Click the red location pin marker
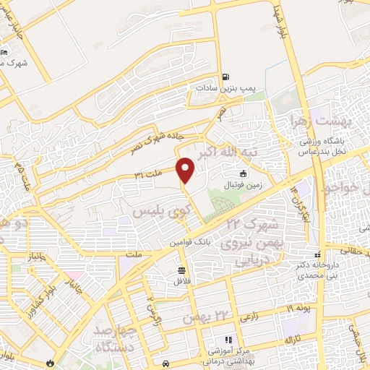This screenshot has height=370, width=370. pyautogui.click(x=186, y=171)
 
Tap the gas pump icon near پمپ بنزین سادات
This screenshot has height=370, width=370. pyautogui.click(x=226, y=76)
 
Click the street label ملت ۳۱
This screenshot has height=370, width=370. pyautogui.click(x=147, y=174)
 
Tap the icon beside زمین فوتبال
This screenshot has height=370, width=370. pyautogui.click(x=244, y=173)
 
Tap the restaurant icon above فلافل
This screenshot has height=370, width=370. pyautogui.click(x=179, y=270)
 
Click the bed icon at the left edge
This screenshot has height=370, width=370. pyautogui.click(x=4, y=52)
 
